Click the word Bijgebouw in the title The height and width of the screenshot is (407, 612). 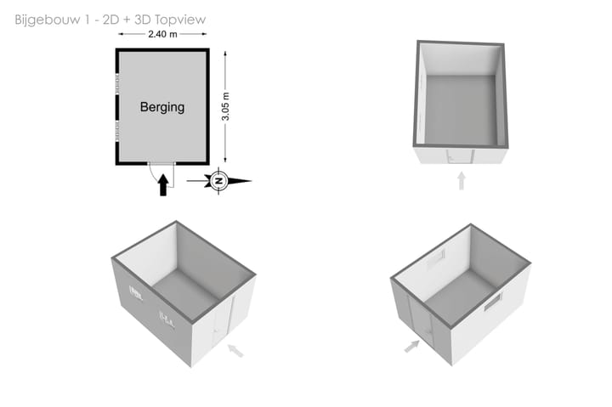coord(48,20)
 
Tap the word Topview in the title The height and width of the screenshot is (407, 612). coord(180,20)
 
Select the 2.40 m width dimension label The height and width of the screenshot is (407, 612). coord(162,34)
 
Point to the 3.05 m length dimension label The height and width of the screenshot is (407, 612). coord(225,106)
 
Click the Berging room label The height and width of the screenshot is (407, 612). coord(162,107)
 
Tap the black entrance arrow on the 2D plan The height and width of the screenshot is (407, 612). coord(163,184)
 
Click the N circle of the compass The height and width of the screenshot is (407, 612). coord(219,181)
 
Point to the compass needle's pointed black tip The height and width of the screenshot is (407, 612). coord(251,181)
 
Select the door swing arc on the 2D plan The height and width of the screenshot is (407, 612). coord(153,172)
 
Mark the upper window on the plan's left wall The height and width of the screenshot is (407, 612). coord(117,83)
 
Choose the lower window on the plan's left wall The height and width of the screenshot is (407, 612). coord(117,130)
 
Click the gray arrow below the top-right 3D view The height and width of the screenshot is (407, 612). coord(462,181)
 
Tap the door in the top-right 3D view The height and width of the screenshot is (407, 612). coord(461,156)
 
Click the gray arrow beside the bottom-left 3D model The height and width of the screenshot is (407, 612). coord(235,350)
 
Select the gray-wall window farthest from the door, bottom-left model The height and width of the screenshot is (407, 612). coord(136,293)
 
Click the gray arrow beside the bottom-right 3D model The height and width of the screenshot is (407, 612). coord(411,346)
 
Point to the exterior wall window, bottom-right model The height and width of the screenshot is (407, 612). coord(493,302)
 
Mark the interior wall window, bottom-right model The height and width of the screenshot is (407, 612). coord(436,258)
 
